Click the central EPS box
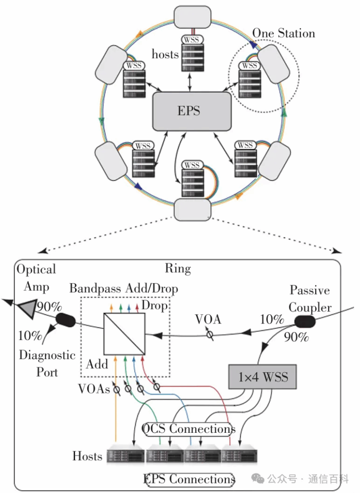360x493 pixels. coord(192,111)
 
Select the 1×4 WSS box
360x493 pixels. coord(262,376)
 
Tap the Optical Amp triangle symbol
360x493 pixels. coord(27,308)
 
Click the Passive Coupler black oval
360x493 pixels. coord(305,322)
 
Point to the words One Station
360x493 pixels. coord(283,33)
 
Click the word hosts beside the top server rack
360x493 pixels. coord(165,54)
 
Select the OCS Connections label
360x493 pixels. coord(189,429)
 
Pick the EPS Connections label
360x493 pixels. coord(189,479)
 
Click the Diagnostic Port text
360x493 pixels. coord(47,363)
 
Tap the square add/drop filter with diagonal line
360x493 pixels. coord(124,334)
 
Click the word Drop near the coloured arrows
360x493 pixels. coord(154,305)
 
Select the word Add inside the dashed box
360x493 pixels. coord(97,364)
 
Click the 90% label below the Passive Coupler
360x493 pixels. coord(296,337)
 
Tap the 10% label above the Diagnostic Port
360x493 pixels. coord(30,336)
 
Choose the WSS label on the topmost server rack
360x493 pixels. coord(192,39)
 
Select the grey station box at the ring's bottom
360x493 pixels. coord(193,209)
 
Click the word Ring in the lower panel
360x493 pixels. coord(178,269)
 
